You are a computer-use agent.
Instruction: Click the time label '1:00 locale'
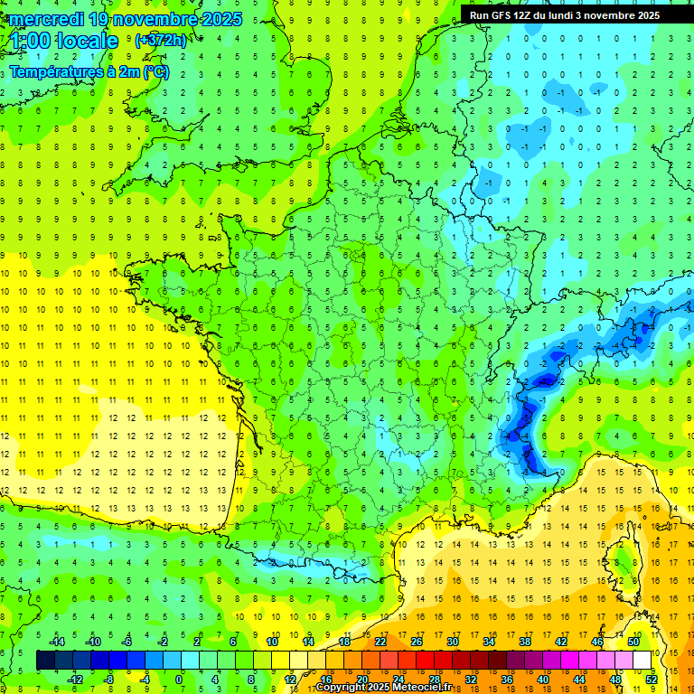click(x=64, y=41)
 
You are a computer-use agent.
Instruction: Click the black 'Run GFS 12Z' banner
click(x=565, y=14)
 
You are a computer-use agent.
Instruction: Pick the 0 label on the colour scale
click(x=178, y=679)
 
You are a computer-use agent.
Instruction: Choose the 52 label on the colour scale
click(x=652, y=679)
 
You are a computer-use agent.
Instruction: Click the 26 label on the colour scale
click(x=417, y=641)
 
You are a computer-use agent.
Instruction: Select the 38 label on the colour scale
click(x=524, y=641)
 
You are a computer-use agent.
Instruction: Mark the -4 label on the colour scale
click(x=144, y=679)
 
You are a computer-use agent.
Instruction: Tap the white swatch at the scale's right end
click(x=642, y=660)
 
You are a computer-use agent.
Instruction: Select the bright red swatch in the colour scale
click(x=425, y=660)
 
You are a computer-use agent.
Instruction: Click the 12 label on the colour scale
click(x=289, y=679)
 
